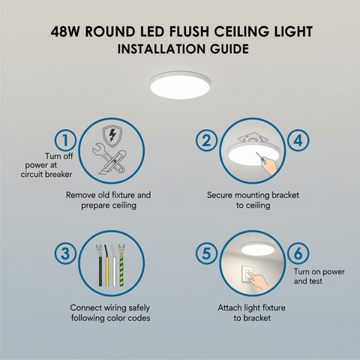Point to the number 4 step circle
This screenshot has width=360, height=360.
click(298, 139)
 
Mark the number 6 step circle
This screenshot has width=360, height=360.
click(298, 253)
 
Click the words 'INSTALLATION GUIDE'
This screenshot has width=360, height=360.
click(180, 50)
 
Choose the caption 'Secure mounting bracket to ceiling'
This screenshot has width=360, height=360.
click(250, 199)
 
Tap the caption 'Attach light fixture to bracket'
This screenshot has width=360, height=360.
click(252, 313)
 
